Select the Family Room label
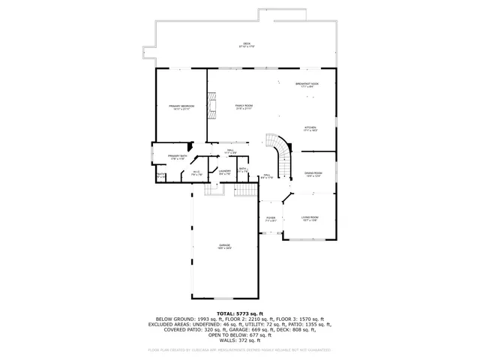[244, 107]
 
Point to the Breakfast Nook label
[306, 85]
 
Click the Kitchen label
[310, 129]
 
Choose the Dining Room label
[313, 174]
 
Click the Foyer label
[271, 219]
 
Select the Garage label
[224, 247]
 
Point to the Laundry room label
[224, 172]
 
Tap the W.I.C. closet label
[196, 173]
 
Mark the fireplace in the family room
[212, 107]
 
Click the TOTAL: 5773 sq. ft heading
[239, 313]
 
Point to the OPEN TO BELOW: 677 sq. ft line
[239, 334]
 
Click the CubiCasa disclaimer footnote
[239, 349]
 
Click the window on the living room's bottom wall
[309, 240]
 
